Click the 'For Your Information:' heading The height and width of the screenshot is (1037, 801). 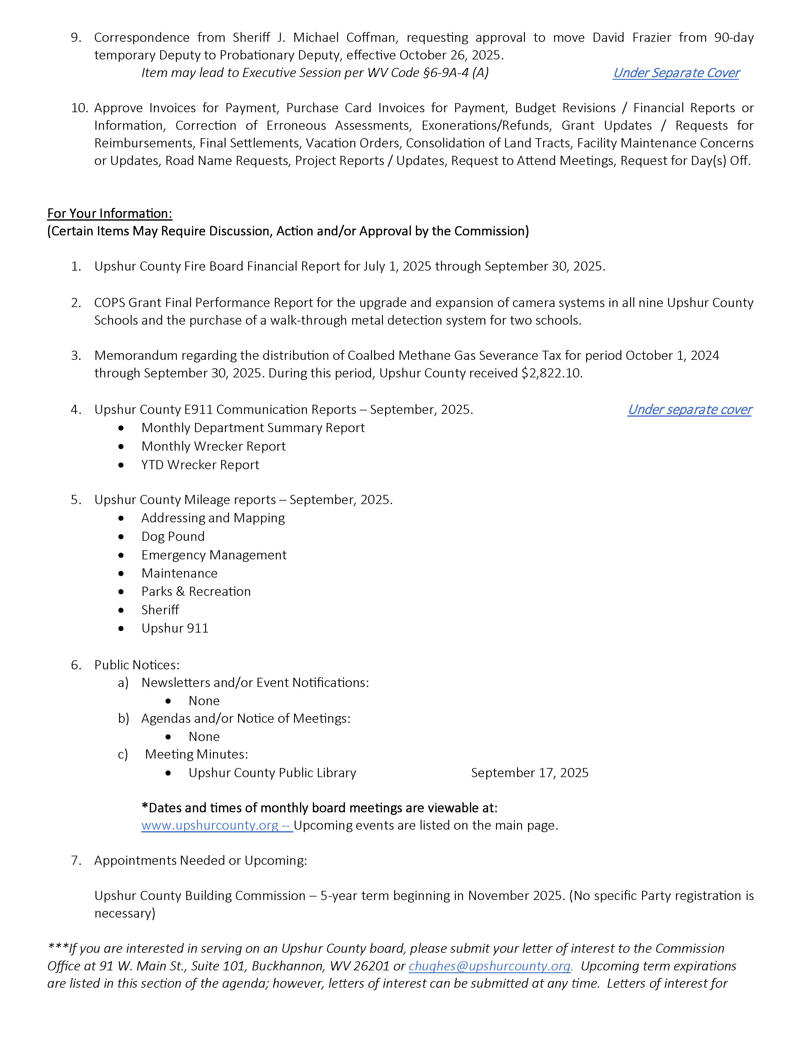point(110,214)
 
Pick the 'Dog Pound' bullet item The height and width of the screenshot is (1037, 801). point(173,536)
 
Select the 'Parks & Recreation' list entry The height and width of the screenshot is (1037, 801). point(196,592)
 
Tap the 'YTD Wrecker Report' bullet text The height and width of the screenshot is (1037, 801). point(200,465)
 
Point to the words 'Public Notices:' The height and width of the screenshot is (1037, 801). point(137,665)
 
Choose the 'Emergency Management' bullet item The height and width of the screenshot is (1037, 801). point(214,555)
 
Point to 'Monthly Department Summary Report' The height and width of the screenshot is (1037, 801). point(253,428)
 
